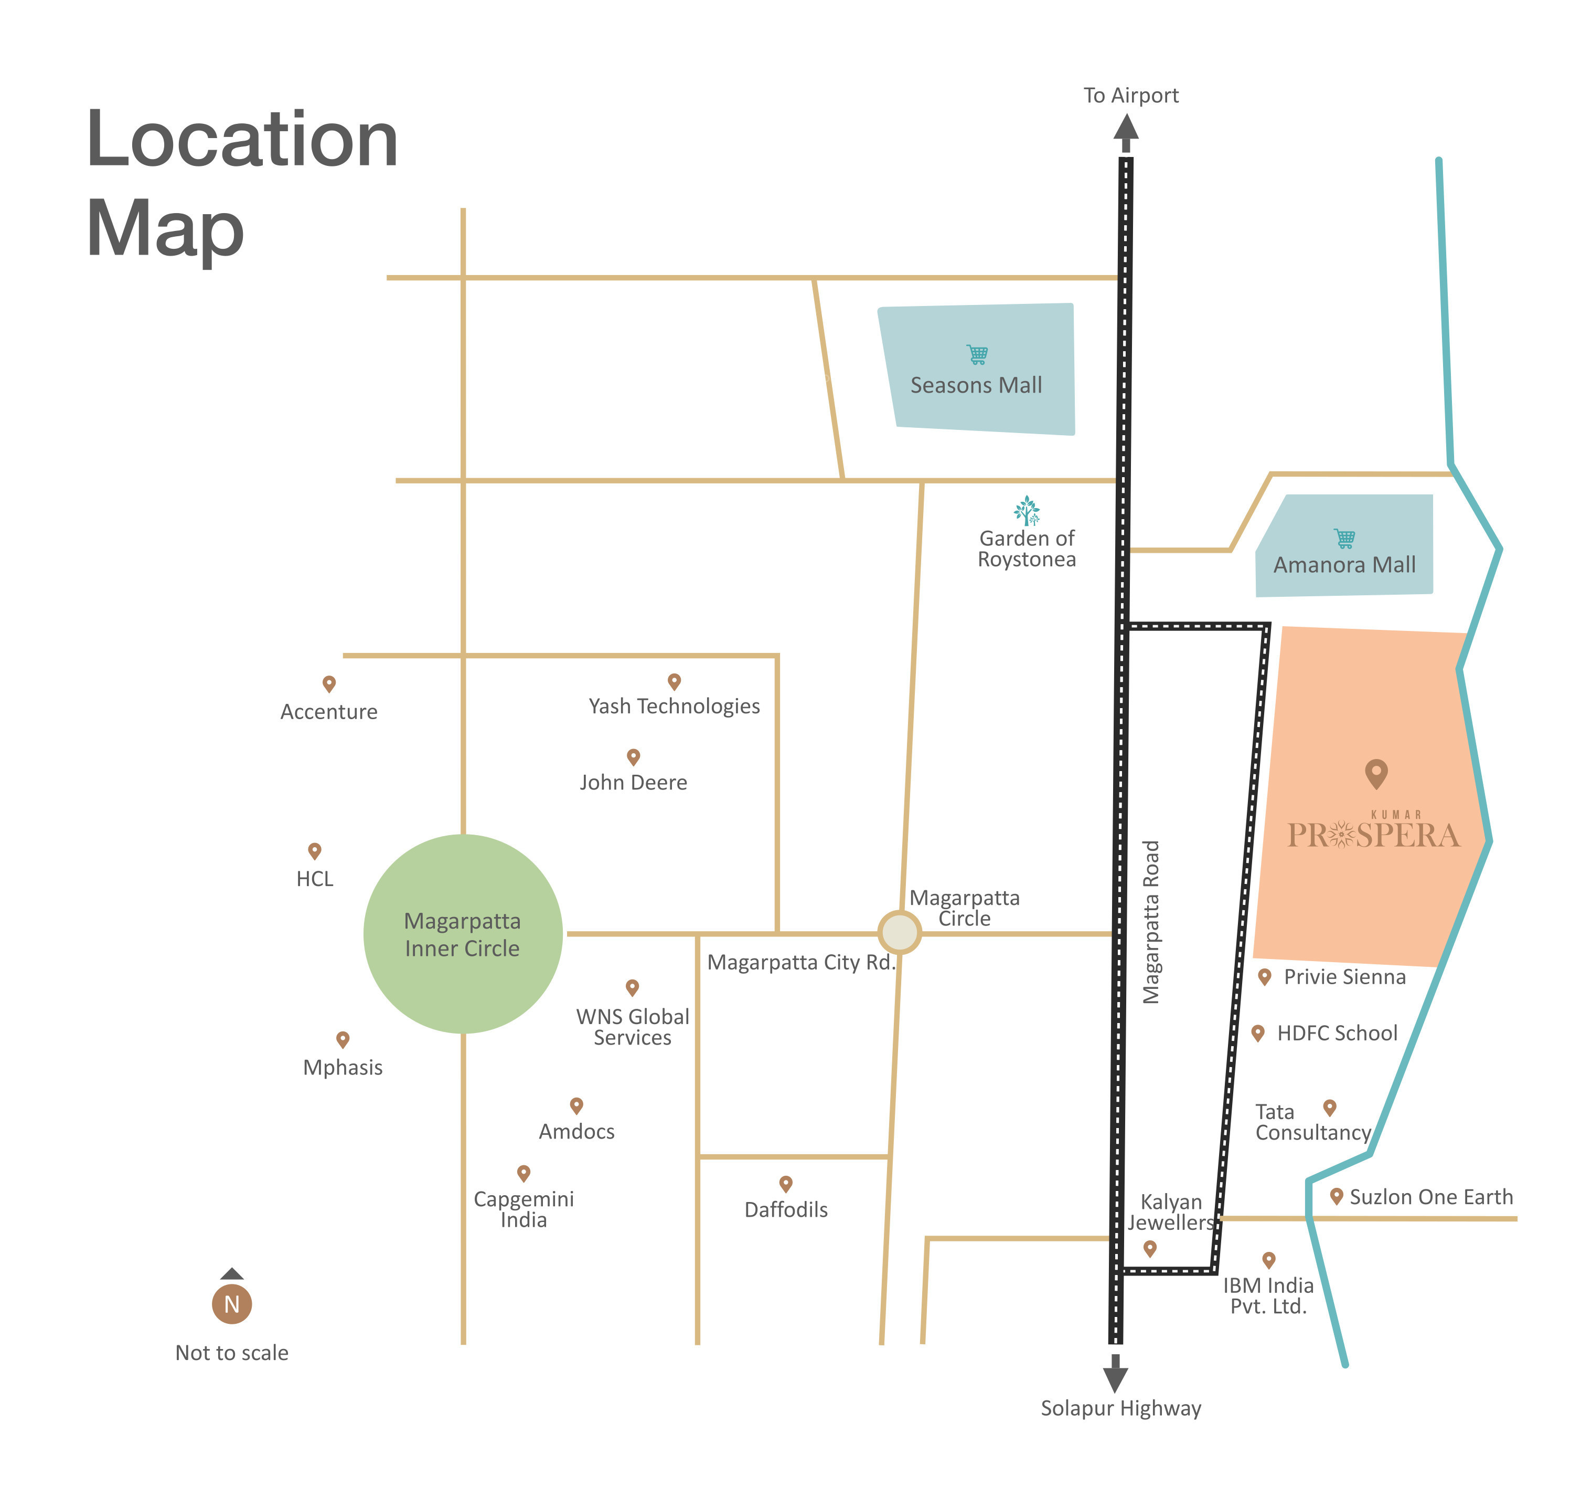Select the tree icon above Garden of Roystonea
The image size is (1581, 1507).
pos(1026,510)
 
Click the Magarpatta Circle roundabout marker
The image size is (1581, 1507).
pos(899,932)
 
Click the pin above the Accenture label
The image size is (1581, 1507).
pos(328,683)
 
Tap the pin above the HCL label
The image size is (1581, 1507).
pos(315,851)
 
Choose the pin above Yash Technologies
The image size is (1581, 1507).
pos(675,681)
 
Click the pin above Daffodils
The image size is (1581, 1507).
pos(786,1183)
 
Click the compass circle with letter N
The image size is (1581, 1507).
pos(231,1304)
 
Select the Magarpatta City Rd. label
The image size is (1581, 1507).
pos(800,962)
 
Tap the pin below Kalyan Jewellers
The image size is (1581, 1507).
pos(1150,1248)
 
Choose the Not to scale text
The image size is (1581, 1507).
pos(231,1353)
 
